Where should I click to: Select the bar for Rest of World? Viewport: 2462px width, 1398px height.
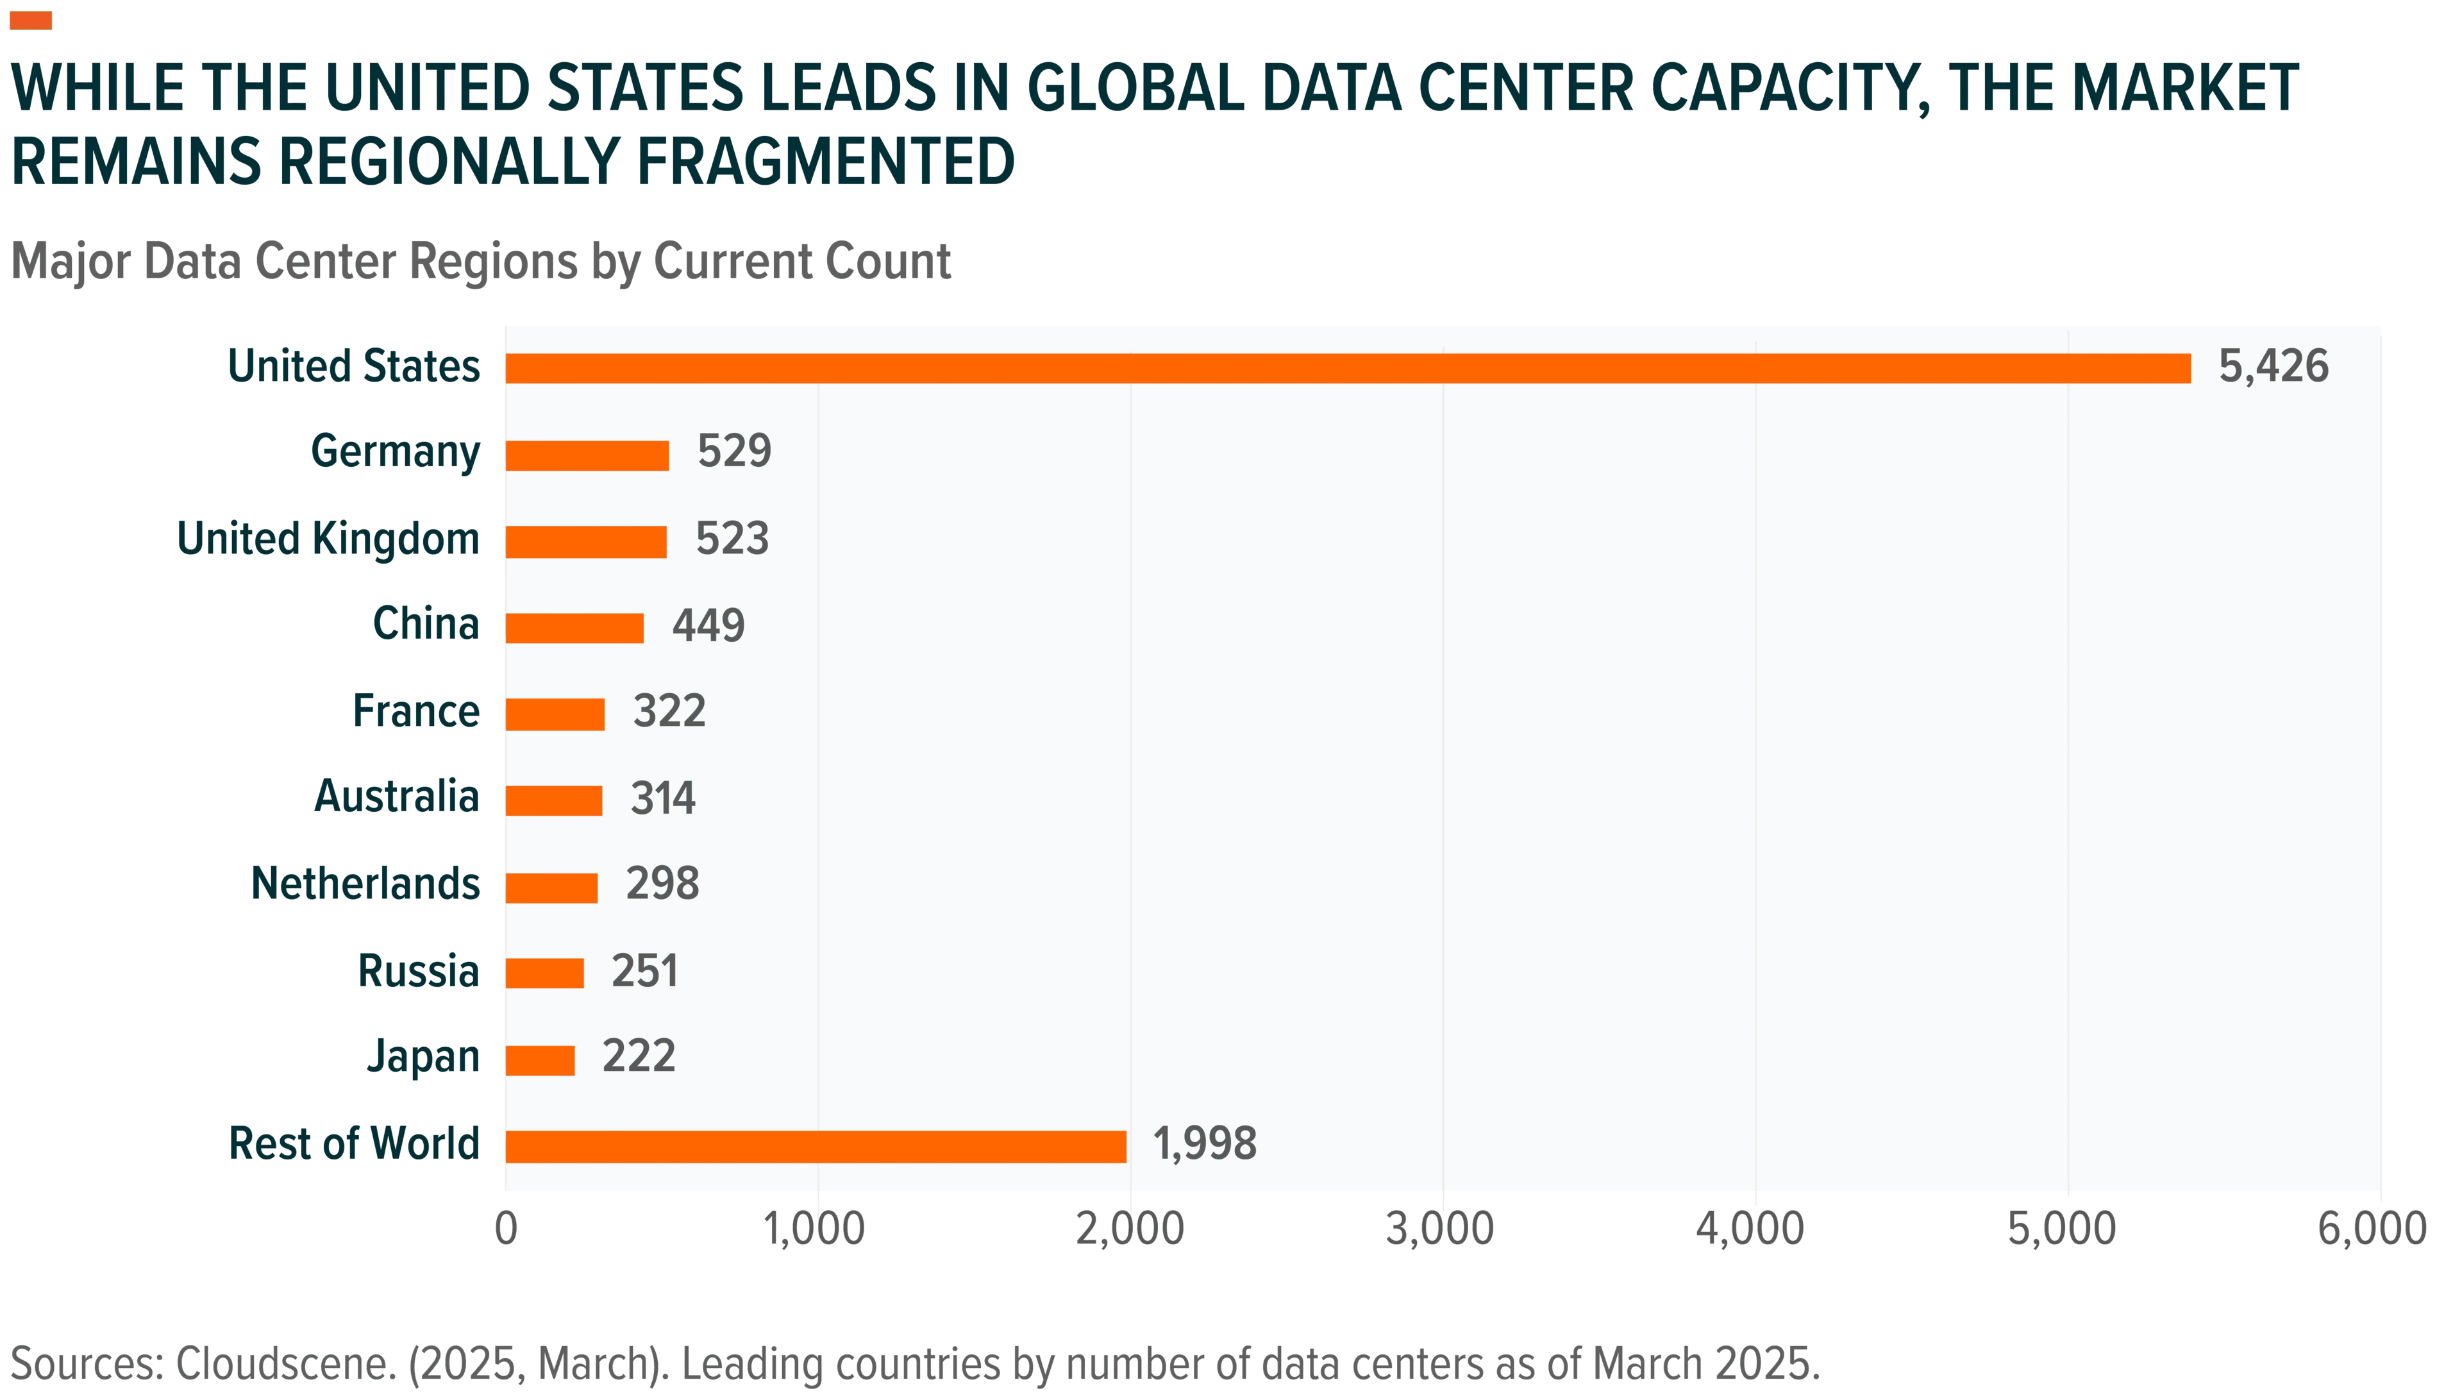point(816,1147)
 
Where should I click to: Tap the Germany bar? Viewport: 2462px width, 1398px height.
point(587,455)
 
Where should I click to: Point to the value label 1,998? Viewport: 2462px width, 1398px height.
point(1205,1143)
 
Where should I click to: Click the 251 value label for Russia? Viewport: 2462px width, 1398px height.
point(645,971)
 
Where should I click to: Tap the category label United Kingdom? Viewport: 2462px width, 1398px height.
point(328,539)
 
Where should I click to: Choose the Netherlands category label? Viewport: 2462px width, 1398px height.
point(365,883)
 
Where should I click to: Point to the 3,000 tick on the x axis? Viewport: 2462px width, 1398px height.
point(1440,1229)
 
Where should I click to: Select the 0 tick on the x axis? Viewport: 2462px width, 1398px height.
point(506,1229)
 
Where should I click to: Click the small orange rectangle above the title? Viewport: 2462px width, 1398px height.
point(31,20)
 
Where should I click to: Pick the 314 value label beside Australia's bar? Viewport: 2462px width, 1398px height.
point(663,798)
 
